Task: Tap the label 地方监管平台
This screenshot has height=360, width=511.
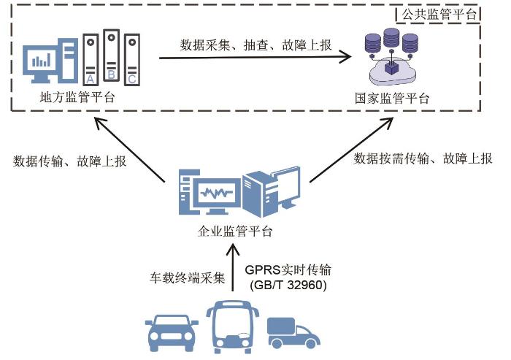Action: click(x=79, y=96)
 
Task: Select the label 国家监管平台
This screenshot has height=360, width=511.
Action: click(x=392, y=98)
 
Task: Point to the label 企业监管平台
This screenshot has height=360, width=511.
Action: click(x=235, y=232)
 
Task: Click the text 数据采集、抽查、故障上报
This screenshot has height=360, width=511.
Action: click(x=256, y=45)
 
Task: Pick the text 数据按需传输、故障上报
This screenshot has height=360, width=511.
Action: click(x=423, y=158)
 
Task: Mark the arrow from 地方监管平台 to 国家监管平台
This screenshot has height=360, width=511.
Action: click(x=256, y=58)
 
